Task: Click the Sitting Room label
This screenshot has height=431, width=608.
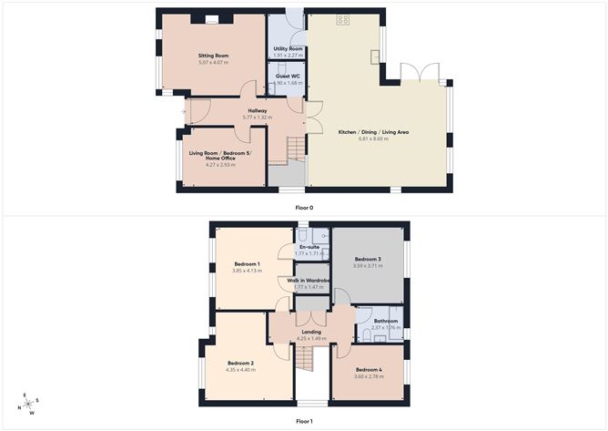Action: [213, 56]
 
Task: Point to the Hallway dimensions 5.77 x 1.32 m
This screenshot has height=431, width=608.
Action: [257, 118]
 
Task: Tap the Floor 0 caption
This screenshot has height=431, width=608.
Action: [304, 207]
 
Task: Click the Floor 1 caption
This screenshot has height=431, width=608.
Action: [304, 422]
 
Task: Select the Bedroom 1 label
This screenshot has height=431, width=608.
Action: [247, 263]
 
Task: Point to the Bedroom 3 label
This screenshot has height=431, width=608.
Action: [368, 259]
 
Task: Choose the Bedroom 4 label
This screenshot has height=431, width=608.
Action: [368, 369]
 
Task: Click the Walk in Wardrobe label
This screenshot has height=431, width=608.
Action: [308, 280]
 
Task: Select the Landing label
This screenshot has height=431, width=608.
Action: [311, 332]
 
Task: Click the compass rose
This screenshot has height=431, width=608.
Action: [29, 404]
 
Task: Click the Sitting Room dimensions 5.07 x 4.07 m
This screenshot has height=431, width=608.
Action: [213, 63]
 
